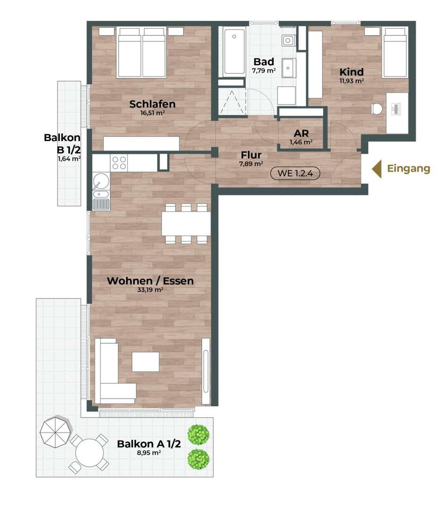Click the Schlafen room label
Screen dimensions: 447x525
pos(152,104)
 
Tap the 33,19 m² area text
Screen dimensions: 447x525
pos(150,290)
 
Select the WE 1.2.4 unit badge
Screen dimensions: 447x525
pos(295,173)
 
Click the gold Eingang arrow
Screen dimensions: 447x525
pos(376,169)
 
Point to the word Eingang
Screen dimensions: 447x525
pos(408,168)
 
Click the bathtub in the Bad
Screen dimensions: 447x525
pos(234,52)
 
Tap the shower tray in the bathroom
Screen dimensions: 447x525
pos(231,101)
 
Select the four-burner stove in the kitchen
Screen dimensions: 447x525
pos(119,163)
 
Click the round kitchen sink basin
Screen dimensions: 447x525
pos(101,181)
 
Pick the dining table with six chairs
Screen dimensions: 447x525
pos(186,224)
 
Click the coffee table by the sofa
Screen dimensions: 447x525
pos(145,361)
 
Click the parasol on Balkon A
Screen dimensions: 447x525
pos(56,431)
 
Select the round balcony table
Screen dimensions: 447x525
pos(89,453)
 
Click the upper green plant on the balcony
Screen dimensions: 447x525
pos(199,435)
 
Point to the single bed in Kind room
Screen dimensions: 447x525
pos(395,53)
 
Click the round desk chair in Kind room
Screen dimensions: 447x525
pos(377,109)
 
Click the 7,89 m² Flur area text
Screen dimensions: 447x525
pos(251,164)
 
